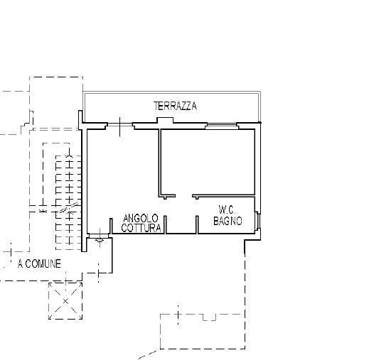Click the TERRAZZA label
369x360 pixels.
pos(175,106)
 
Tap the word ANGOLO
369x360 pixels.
pos(141,218)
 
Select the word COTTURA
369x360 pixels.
pos(141,228)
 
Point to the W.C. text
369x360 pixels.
pos(228,210)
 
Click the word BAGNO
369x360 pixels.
pos(228,222)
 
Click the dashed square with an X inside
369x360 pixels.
pos(66,300)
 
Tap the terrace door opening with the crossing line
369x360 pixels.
pos(120,127)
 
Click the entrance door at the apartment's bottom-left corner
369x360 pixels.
pos(100,240)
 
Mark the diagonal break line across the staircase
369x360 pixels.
pos(69,209)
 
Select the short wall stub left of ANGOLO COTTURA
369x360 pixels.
pos(112,226)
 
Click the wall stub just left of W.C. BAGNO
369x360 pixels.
pos(196,224)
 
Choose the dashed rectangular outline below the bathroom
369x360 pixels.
pos(203,330)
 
